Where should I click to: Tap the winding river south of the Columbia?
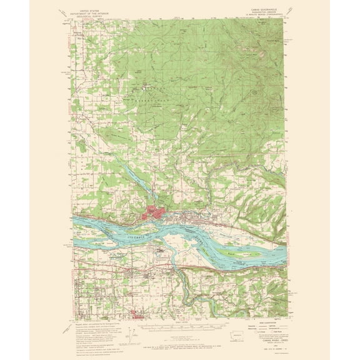tap(187, 275)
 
